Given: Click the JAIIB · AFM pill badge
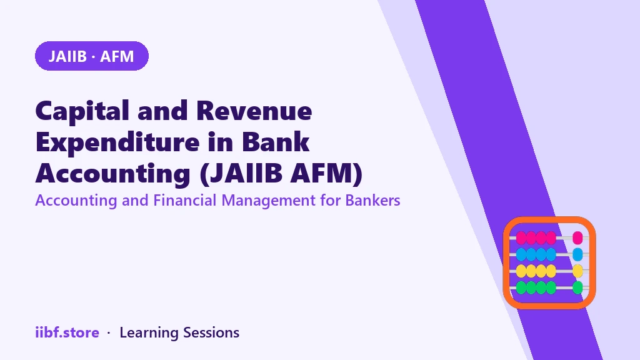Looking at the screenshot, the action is click(x=92, y=56).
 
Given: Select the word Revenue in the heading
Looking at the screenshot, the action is click(x=254, y=111).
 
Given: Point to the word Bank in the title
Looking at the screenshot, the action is click(x=276, y=142).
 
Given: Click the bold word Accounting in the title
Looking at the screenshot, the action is click(x=113, y=174).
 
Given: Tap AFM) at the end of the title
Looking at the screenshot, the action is click(x=326, y=174).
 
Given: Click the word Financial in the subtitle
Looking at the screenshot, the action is click(x=185, y=201).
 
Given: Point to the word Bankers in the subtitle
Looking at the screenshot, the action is click(x=372, y=201).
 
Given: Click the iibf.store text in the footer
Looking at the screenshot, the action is click(x=67, y=332).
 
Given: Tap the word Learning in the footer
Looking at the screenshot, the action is click(x=149, y=333).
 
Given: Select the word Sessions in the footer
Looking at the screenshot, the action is click(x=211, y=332).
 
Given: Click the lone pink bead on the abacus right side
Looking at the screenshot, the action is click(x=577, y=237).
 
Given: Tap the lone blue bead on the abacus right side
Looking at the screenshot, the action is click(x=577, y=254).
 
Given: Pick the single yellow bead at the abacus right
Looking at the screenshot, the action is click(x=577, y=271).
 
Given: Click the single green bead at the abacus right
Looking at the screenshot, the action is click(x=577, y=287).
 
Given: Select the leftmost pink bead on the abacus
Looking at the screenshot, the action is click(x=521, y=237).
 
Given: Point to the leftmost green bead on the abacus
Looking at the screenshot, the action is click(x=521, y=287).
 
